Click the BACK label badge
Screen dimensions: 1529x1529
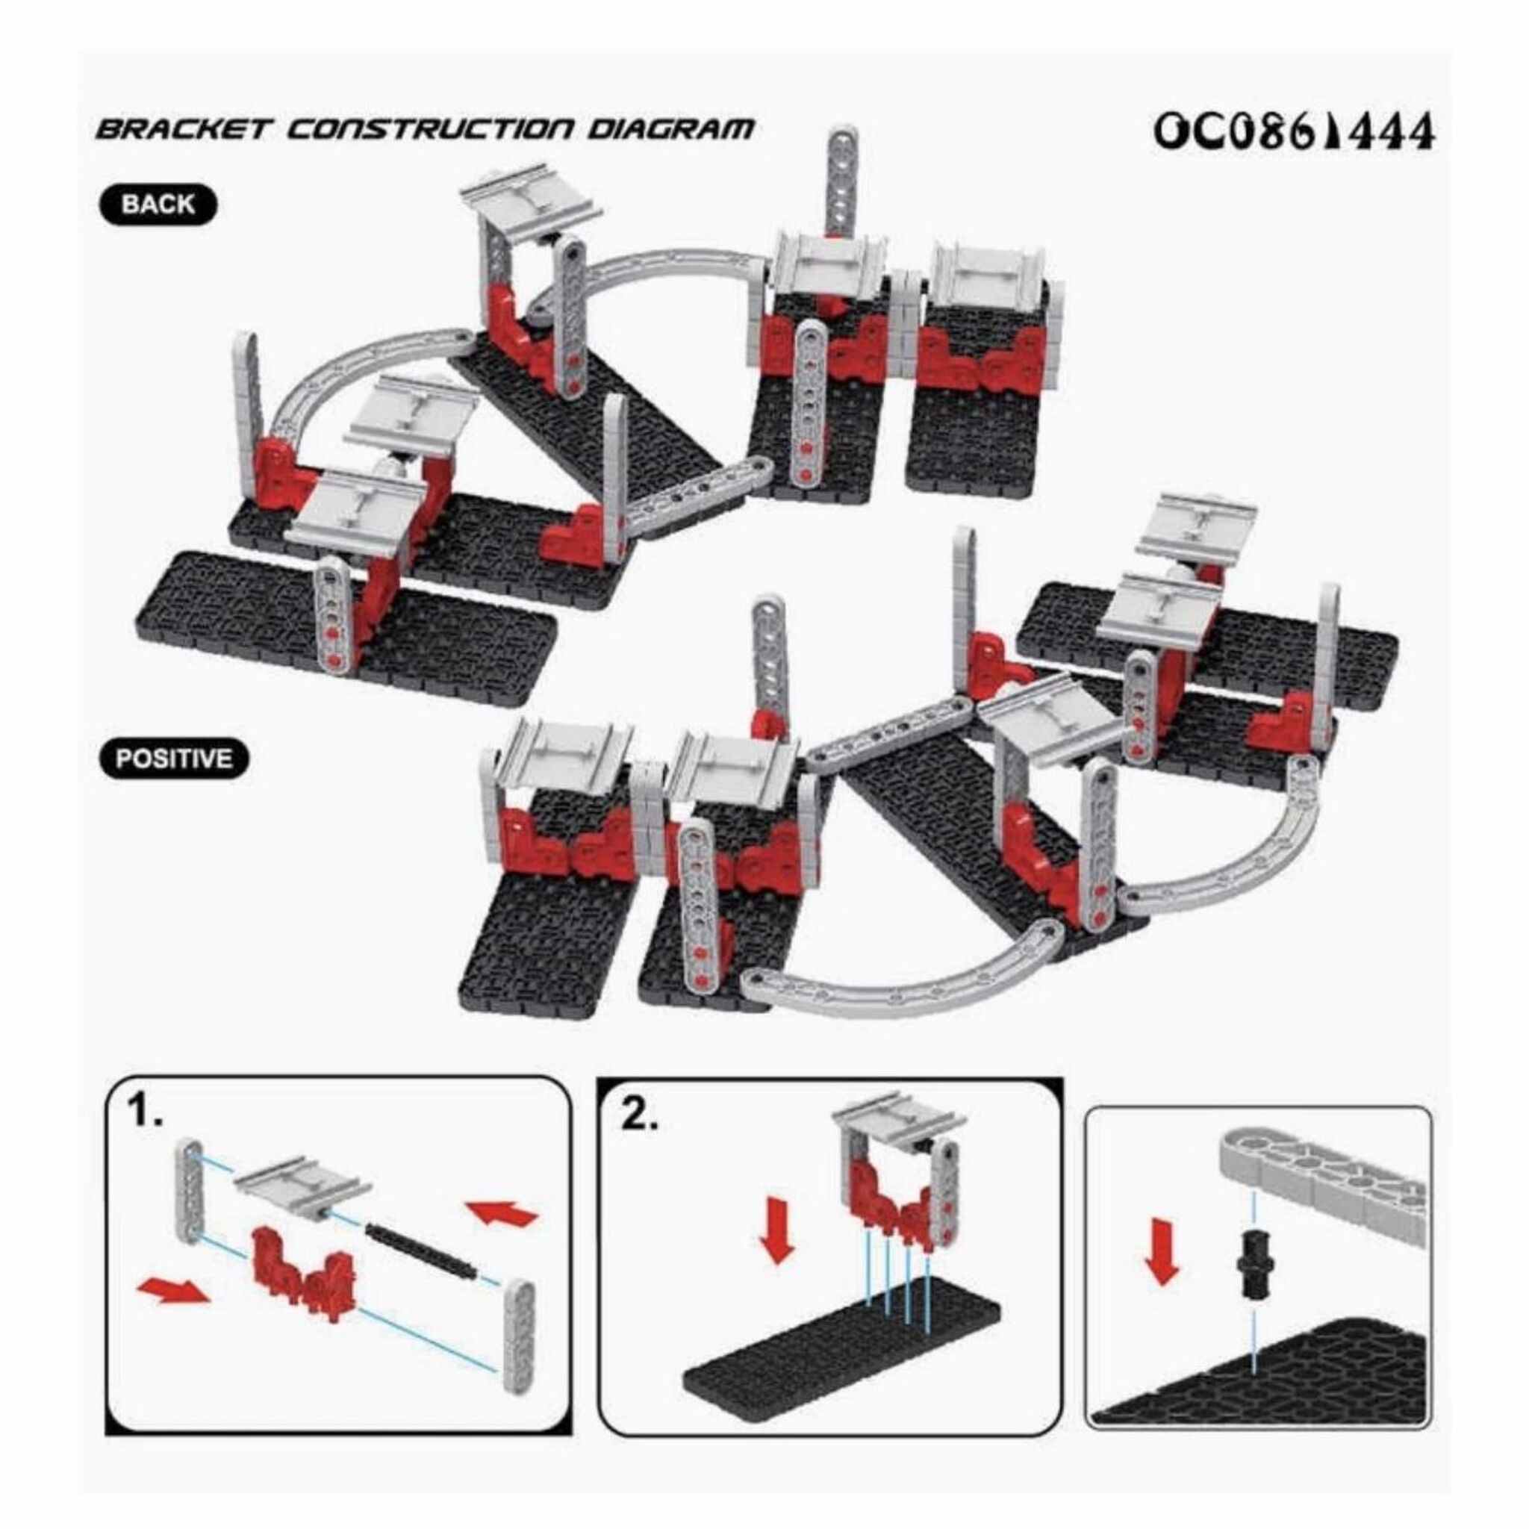158,204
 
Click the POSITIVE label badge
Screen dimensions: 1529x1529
174,759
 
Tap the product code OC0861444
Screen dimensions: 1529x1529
1293,132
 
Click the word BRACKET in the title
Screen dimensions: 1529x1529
183,128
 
